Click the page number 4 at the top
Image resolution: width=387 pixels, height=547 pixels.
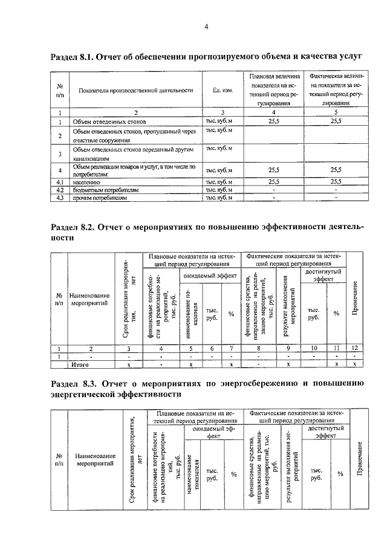(206, 27)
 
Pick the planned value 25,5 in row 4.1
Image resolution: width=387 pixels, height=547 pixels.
(274, 181)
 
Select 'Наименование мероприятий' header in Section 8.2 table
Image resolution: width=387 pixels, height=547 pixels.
(89, 299)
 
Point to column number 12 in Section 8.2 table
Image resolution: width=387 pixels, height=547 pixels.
(355, 349)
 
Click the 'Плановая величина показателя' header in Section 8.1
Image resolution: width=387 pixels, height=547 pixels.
(274, 90)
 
